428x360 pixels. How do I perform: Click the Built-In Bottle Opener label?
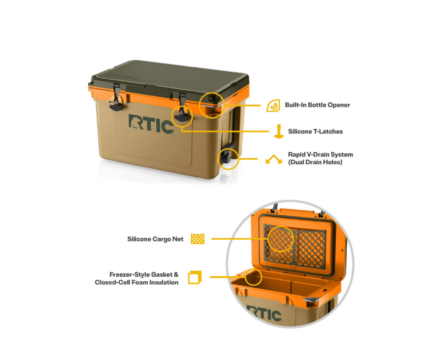[318, 105]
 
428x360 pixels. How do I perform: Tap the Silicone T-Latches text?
[315, 131]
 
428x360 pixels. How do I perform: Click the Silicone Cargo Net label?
[155, 239]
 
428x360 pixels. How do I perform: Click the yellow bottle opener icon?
[273, 106]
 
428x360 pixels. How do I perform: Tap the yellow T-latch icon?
[279, 131]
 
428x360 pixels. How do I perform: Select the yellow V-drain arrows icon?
[274, 159]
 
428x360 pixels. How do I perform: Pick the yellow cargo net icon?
[198, 239]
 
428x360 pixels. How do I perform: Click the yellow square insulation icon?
[195, 278]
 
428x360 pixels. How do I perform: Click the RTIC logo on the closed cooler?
[151, 124]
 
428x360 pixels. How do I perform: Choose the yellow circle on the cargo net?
[281, 239]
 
